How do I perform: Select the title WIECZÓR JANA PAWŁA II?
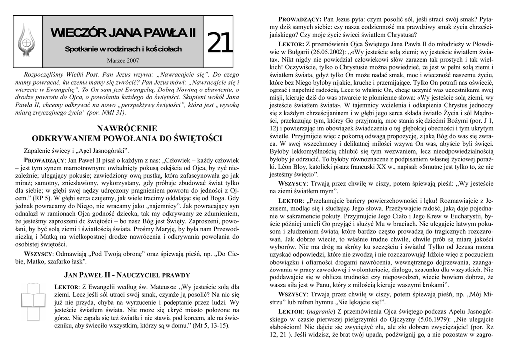pyautogui.click(x=123, y=33)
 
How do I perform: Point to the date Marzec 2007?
pyautogui.click(x=123, y=60)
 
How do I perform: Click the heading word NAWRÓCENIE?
pyautogui.click(x=127, y=128)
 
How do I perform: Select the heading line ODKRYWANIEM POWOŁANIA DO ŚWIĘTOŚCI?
pyautogui.click(x=127, y=138)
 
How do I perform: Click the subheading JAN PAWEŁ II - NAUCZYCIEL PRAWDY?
pyautogui.click(x=127, y=275)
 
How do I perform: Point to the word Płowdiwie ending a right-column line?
pyautogui.click(x=480, y=44)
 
